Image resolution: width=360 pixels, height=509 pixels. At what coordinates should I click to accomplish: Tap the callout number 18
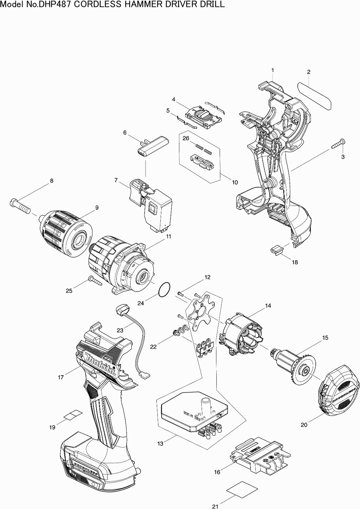click(x=295, y=262)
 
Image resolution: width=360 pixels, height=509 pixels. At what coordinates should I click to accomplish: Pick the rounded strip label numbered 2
click(x=314, y=96)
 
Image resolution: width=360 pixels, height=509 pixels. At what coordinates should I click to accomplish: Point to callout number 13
click(x=160, y=443)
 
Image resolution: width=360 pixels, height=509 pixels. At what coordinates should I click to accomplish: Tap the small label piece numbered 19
click(x=73, y=414)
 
